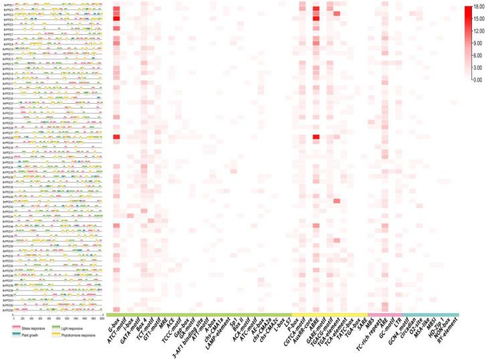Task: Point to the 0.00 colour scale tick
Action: (477, 79)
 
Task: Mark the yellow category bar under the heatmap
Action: (330, 314)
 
